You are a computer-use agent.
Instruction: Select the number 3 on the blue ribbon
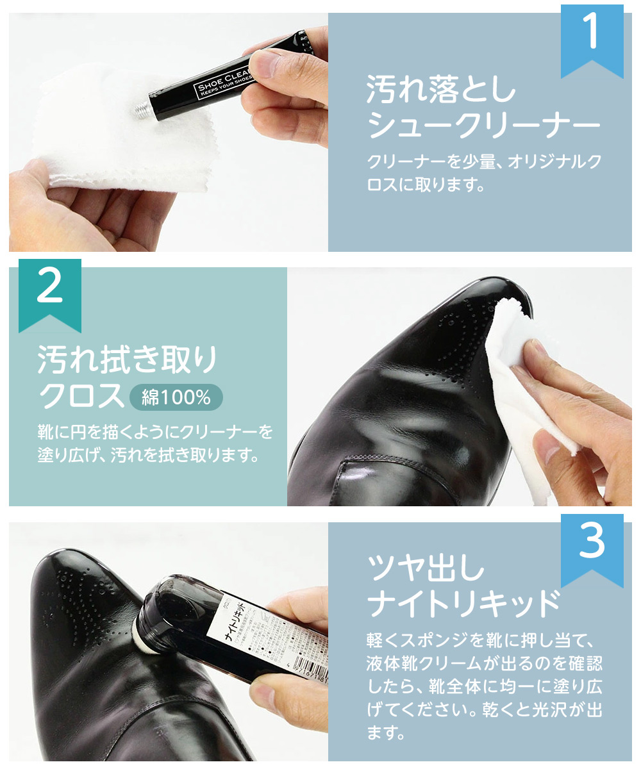pyautogui.click(x=592, y=543)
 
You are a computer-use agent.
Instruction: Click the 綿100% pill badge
pyautogui.click(x=176, y=398)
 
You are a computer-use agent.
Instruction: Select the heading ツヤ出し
pyautogui.click(x=426, y=567)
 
